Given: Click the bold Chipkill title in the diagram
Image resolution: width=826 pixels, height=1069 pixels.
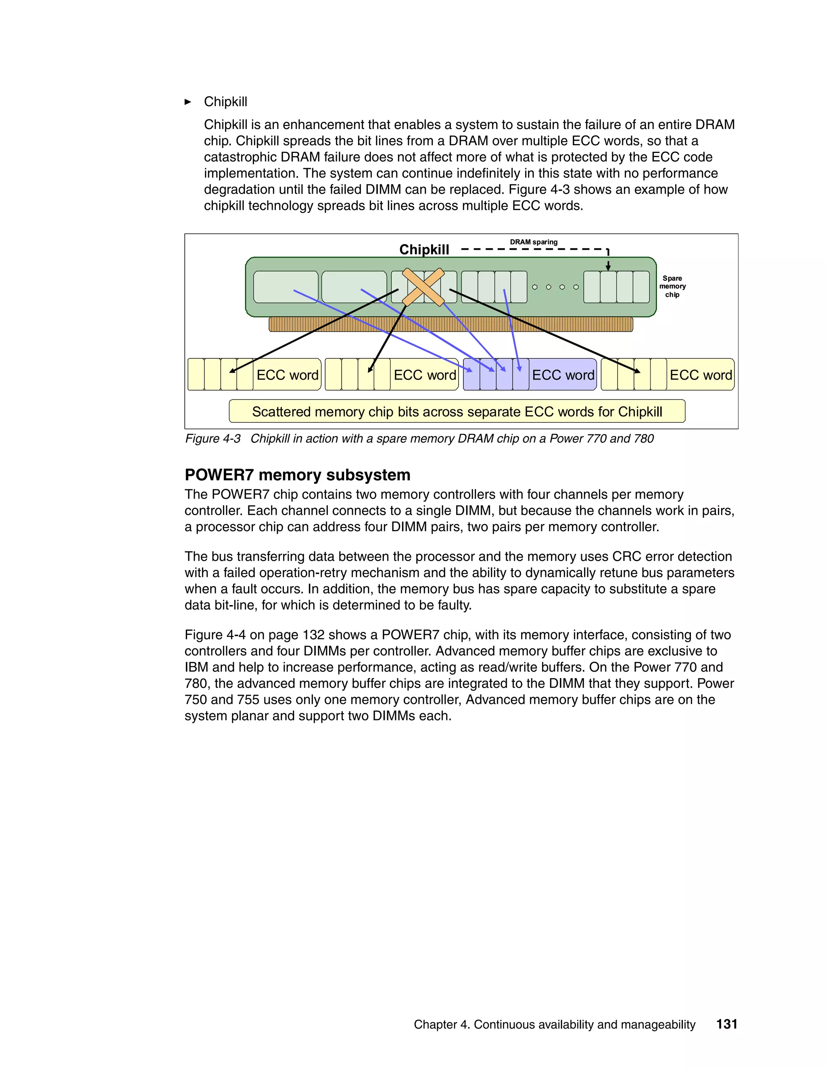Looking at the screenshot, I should [424, 250].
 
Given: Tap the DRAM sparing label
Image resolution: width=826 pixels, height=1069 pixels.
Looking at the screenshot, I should [533, 242].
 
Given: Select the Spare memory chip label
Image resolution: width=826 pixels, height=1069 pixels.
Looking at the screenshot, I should [672, 286].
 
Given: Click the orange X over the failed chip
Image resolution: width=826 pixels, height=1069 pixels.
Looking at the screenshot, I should [423, 287].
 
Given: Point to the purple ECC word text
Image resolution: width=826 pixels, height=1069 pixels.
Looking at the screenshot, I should [563, 375].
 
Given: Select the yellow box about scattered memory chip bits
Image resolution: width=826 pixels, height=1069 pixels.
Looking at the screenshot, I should [457, 411].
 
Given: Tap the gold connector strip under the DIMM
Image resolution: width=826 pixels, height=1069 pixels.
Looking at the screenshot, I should [450, 324].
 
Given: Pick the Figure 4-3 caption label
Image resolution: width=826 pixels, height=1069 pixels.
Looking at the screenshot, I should [213, 438].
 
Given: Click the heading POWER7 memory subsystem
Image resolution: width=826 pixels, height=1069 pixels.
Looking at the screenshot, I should [297, 475].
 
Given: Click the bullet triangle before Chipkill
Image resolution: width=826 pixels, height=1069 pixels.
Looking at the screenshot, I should [188, 102].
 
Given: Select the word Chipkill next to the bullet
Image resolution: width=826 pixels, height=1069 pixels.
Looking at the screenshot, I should [225, 102].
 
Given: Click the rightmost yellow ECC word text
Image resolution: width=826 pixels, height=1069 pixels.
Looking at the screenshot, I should [700, 375].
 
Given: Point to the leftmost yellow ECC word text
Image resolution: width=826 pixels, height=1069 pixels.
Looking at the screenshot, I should [287, 375].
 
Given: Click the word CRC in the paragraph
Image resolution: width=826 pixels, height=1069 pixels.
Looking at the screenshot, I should [626, 557].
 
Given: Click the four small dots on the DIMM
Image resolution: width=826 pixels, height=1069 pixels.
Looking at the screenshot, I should [555, 287].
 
